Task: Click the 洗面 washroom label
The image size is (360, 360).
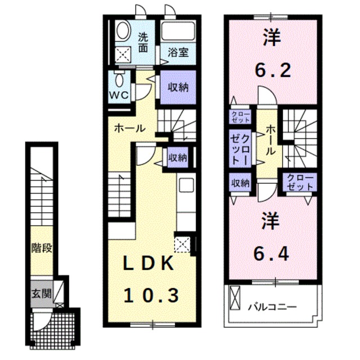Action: pos(144,43)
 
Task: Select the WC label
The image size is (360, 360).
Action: pos(118,94)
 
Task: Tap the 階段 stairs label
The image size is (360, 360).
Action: pos(42,248)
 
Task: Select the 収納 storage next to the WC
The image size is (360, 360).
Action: pos(178,87)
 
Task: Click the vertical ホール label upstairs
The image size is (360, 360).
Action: pos(271,141)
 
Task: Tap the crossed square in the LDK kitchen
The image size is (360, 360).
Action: pos(183,245)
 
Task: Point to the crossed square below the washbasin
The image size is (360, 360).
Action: pos(123,54)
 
